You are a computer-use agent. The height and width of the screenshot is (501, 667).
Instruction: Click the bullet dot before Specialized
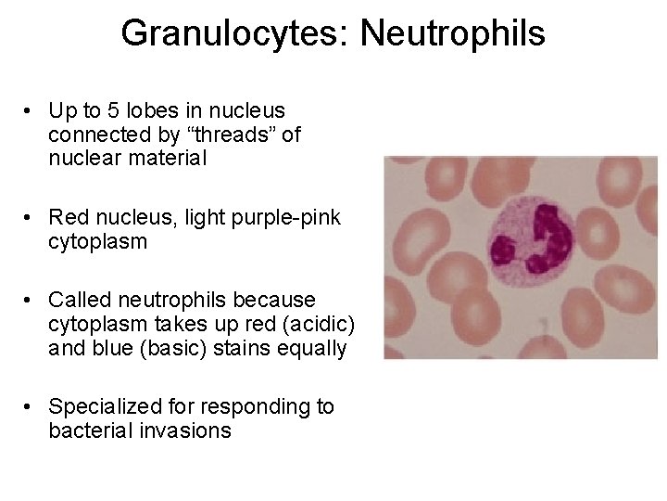[x=30, y=406]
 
